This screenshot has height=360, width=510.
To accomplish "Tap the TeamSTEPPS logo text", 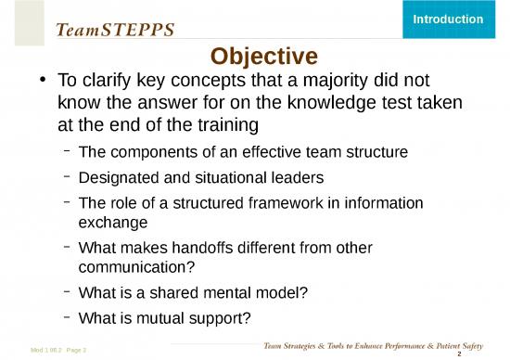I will [x=115, y=30].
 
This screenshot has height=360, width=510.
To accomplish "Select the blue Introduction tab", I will [x=447, y=19].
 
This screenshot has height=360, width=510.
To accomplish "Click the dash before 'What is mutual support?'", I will [x=68, y=317].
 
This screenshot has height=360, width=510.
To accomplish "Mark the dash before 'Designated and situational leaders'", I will [x=68, y=175].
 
